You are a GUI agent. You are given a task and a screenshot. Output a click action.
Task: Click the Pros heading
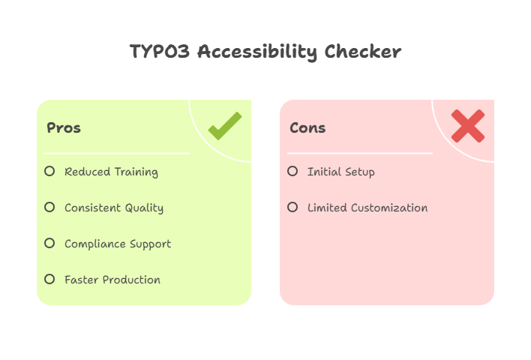64,127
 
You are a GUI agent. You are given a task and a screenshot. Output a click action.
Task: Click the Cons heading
307,127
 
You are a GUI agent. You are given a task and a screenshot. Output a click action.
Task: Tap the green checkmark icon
224,125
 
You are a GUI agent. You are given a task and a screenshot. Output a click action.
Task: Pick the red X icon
468,125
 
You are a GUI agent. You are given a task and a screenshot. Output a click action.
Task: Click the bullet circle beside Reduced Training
49,171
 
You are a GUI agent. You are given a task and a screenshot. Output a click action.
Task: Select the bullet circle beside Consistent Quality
49,207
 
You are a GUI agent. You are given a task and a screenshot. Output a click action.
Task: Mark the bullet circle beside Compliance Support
49,243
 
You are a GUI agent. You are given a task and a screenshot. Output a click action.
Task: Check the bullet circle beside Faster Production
49,279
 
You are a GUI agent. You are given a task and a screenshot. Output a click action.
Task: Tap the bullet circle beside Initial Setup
292,171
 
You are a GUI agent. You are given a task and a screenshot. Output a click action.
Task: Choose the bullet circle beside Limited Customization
292,207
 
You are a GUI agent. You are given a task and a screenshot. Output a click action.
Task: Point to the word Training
136,172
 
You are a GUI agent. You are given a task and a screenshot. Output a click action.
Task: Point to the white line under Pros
117,153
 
